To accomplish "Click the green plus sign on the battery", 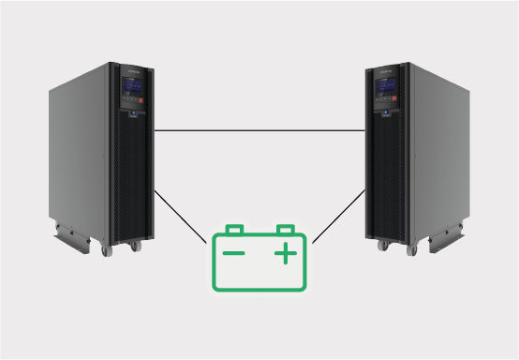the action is (x=285, y=253).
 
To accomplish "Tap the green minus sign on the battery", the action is (x=233, y=253).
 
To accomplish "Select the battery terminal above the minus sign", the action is (x=235, y=229).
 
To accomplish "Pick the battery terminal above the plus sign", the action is (x=285, y=229).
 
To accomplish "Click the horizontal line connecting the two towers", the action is (x=259, y=131).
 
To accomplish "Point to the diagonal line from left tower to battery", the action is (x=180, y=217).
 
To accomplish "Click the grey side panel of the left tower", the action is (x=80, y=150).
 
